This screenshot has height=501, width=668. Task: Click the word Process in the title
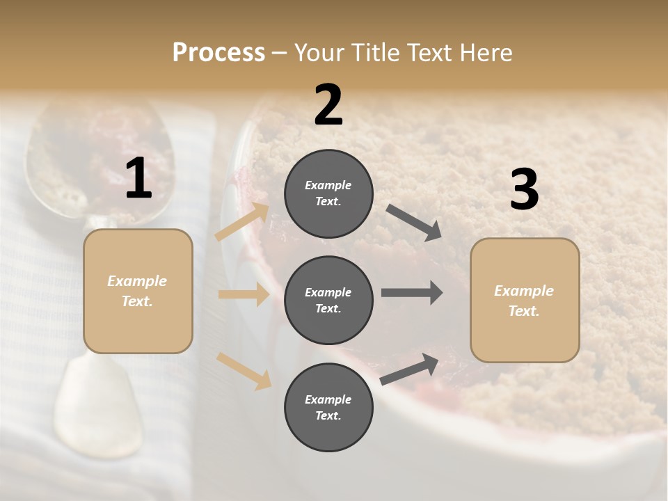click(218, 53)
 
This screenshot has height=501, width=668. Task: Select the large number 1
click(138, 179)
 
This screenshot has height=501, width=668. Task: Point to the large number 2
click(328, 105)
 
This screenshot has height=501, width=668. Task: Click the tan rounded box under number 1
click(138, 291)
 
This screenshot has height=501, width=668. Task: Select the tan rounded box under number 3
click(525, 301)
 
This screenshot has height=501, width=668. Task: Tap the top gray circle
click(328, 193)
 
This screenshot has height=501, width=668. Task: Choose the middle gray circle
click(328, 300)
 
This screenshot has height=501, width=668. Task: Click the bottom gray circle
click(328, 407)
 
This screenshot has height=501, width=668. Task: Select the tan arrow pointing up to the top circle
click(243, 222)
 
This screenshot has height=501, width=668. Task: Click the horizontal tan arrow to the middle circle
click(244, 294)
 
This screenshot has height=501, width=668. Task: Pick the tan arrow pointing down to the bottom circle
click(244, 371)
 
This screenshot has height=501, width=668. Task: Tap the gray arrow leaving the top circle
click(413, 223)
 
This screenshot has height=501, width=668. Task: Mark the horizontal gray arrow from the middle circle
click(412, 293)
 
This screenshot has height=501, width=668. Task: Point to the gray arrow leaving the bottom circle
click(410, 369)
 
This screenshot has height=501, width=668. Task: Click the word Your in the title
click(320, 53)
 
